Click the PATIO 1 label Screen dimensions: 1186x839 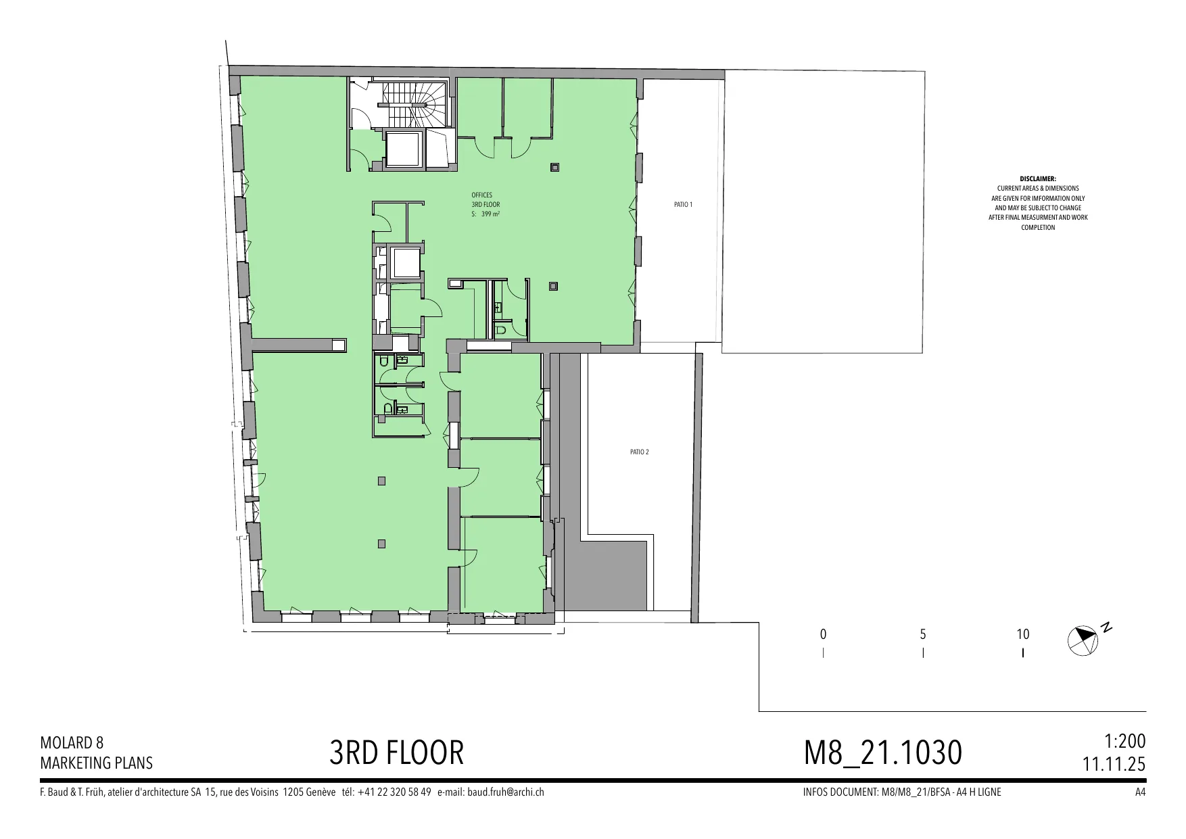(x=683, y=204)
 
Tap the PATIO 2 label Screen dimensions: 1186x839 (x=639, y=452)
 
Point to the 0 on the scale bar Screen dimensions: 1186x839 (x=823, y=634)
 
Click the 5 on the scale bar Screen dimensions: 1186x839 (x=923, y=634)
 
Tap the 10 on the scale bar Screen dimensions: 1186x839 (x=1022, y=634)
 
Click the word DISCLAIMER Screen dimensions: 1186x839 (x=1038, y=178)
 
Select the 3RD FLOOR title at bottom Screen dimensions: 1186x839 (x=397, y=752)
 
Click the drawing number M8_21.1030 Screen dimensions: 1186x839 (x=882, y=752)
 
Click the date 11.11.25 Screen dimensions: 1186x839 (x=1114, y=764)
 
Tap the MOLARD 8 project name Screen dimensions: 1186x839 (x=72, y=743)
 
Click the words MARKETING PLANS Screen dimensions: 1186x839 (x=97, y=763)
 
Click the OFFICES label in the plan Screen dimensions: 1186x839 (x=482, y=195)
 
